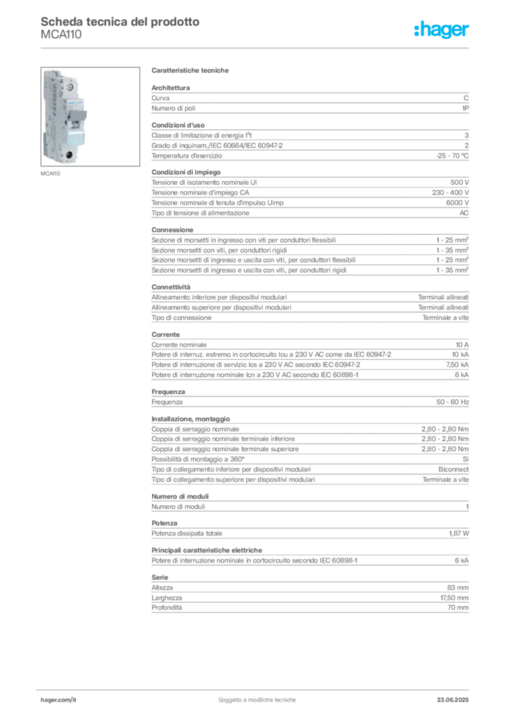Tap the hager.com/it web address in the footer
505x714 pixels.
click(x=59, y=697)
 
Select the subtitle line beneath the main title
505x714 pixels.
click(x=61, y=39)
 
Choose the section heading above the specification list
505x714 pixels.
click(x=192, y=71)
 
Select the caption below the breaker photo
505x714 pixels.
click(x=51, y=174)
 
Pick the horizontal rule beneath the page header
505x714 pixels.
click(x=257, y=47)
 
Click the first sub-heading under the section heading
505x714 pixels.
click(x=172, y=86)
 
